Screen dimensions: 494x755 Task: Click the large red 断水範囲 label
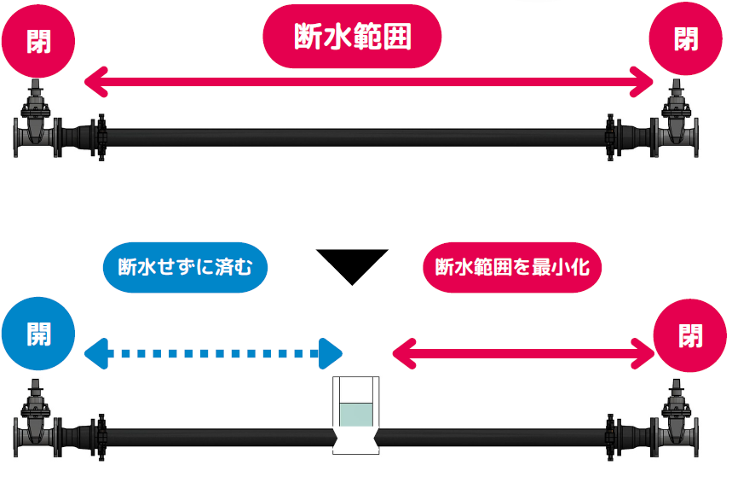pyautogui.click(x=352, y=38)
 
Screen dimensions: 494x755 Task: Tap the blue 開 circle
pyautogui.click(x=38, y=334)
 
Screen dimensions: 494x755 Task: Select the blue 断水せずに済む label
pyautogui.click(x=186, y=269)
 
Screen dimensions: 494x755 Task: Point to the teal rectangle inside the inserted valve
pyautogui.click(x=357, y=416)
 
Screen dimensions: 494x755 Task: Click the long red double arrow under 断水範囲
pyautogui.click(x=369, y=83)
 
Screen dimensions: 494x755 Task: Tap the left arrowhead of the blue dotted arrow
pyautogui.click(x=96, y=352)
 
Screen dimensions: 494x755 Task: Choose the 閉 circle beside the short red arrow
pyautogui.click(x=690, y=335)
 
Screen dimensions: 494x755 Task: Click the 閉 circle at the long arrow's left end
pyautogui.click(x=38, y=39)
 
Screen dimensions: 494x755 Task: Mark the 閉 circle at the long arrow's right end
pyautogui.click(x=686, y=38)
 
